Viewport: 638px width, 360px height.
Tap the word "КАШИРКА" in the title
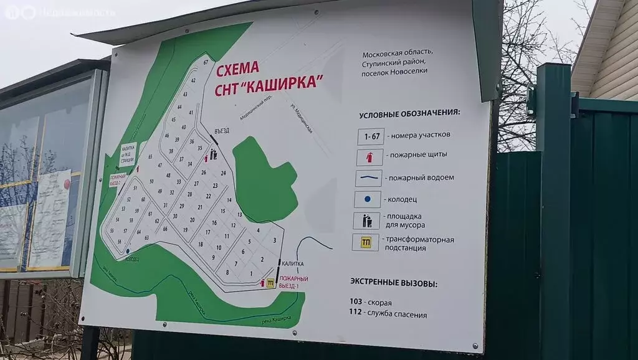[x=288, y=82]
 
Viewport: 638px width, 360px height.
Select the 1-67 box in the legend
[x=370, y=136]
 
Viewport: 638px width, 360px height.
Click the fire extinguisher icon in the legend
[x=369, y=157]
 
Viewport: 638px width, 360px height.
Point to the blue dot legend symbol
[x=368, y=200]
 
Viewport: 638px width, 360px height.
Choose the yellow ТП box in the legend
[x=366, y=243]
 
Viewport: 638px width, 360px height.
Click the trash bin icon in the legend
[x=366, y=221]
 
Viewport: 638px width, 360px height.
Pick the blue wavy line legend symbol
[x=369, y=178]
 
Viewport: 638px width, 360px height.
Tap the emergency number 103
[x=356, y=303]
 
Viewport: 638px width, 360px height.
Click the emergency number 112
[x=356, y=315]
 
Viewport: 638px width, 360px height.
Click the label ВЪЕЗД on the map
[x=222, y=130]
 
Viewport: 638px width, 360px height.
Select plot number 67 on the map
[x=205, y=62]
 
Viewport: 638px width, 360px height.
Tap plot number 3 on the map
[x=274, y=240]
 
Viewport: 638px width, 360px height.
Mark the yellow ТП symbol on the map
[x=270, y=283]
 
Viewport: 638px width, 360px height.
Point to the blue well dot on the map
[x=127, y=251]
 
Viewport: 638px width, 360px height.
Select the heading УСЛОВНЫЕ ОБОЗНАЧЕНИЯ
[x=409, y=114]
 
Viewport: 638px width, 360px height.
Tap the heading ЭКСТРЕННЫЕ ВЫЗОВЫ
[x=394, y=284]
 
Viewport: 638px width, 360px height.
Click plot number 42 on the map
[x=193, y=80]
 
